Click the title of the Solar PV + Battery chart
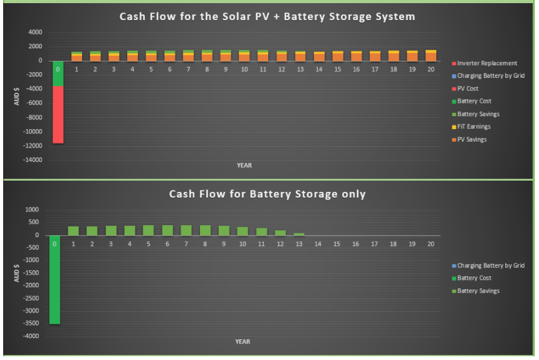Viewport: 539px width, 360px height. tap(267, 16)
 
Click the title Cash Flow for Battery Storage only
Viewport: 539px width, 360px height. tap(267, 194)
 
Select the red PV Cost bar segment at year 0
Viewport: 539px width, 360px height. tap(58, 115)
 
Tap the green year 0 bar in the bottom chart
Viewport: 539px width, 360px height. tap(55, 280)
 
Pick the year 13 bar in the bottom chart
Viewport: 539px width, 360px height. tap(299, 234)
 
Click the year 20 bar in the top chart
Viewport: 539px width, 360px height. tap(431, 56)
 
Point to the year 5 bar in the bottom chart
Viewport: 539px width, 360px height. tap(149, 230)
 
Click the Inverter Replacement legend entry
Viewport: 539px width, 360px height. tap(484, 63)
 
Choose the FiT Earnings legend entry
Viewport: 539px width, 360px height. tap(471, 127)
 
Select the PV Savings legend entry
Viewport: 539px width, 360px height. tap(469, 139)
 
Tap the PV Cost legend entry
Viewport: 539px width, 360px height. tap(465, 88)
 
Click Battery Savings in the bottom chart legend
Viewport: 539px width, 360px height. tap(476, 291)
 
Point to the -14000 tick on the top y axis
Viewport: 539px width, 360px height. tap(33, 160)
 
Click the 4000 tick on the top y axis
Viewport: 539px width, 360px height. tap(35, 33)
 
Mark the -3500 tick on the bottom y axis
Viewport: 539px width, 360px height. tap(31, 323)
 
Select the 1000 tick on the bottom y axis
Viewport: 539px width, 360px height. tap(32, 209)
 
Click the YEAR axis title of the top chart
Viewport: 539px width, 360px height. tap(244, 166)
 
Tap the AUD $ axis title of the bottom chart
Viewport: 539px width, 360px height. tap(16, 273)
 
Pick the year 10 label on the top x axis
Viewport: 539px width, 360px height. tap(244, 70)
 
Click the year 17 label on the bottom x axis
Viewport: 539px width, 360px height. tap(374, 244)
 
